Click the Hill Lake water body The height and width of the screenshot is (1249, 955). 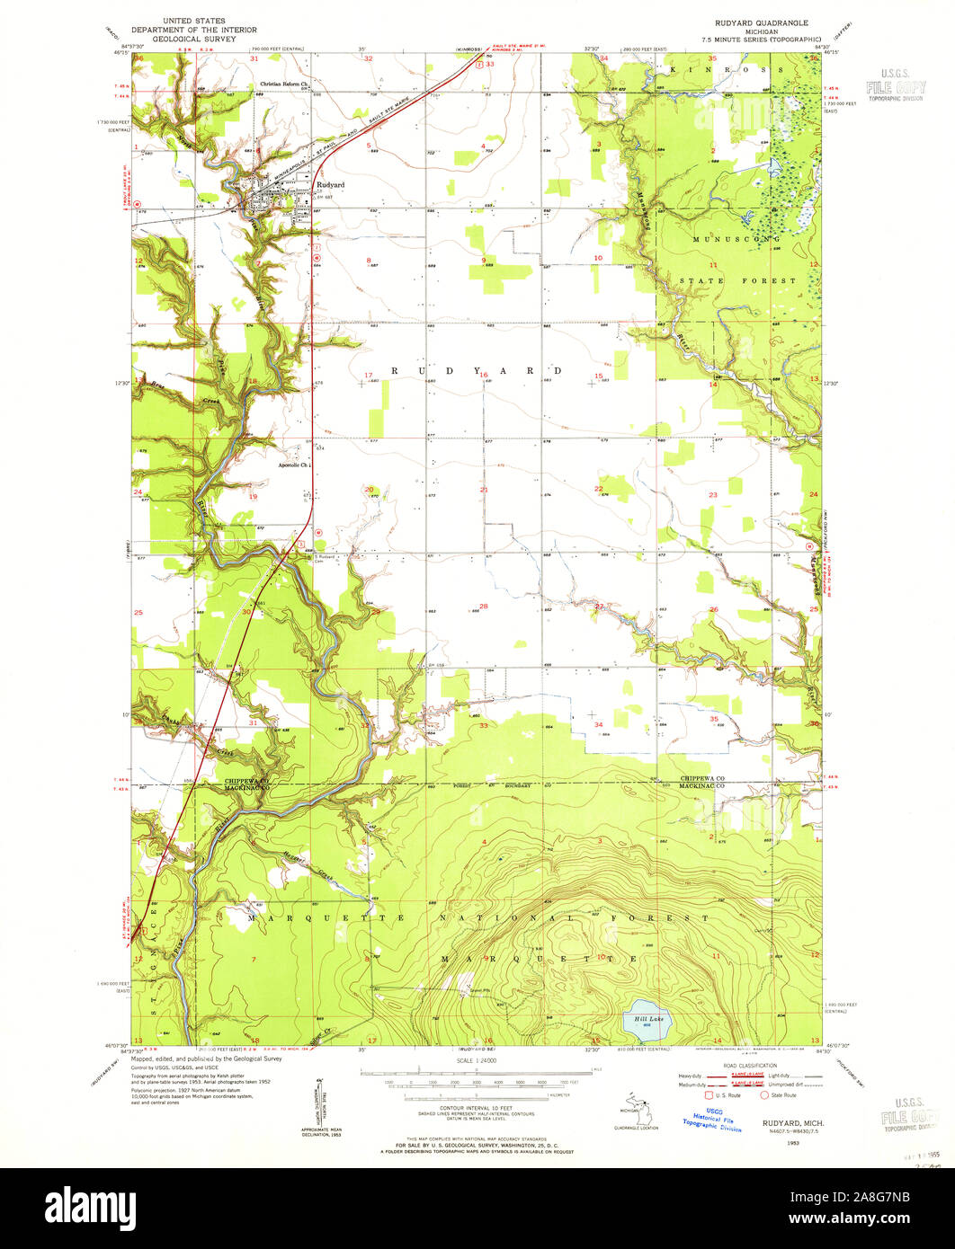point(645,1020)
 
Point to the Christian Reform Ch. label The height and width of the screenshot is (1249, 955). point(284,84)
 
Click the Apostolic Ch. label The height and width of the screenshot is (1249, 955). point(293,465)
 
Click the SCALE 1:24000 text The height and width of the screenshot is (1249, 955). point(477,1061)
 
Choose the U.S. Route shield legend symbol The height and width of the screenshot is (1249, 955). point(710,1094)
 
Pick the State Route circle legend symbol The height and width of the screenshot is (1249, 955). point(765,1094)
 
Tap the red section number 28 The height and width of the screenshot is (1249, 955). point(484,607)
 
